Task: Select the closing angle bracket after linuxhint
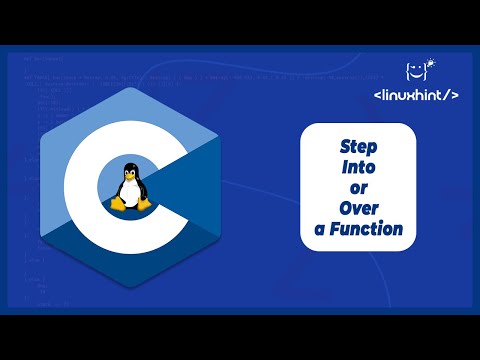456,96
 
